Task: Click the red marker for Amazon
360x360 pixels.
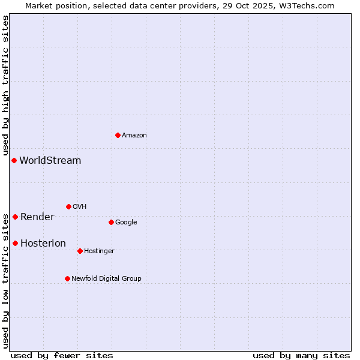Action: coord(118,135)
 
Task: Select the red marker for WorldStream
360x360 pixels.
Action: coord(14,160)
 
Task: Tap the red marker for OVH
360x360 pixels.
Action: coord(68,206)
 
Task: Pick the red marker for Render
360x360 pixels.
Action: coord(15,217)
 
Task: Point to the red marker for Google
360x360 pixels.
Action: coord(111,222)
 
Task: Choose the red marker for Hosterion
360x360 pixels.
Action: coord(15,243)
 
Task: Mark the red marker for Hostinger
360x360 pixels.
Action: coord(80,251)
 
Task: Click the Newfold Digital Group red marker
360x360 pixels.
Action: coord(67,278)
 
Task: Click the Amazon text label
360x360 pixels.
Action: coord(134,136)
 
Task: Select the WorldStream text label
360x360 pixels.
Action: coord(50,161)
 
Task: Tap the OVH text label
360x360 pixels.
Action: coord(80,207)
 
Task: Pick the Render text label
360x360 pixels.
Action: coord(37,217)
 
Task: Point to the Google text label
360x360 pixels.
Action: coord(126,223)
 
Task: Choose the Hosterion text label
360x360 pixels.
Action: coord(43,244)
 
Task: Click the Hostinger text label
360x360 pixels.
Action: coord(99,251)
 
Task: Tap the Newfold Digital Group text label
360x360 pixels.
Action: coord(106,279)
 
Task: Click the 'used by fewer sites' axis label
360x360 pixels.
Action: coord(62,355)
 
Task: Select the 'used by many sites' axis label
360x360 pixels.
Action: coord(301,355)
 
